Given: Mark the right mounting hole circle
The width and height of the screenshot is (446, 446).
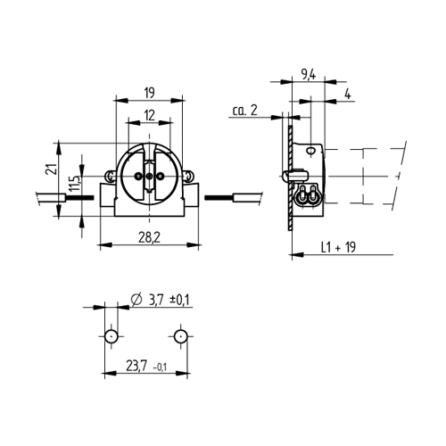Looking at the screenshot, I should click(x=181, y=336).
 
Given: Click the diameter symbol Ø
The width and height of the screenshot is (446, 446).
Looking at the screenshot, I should click(x=136, y=299).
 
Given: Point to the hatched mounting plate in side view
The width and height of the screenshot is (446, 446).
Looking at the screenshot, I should click(x=291, y=178).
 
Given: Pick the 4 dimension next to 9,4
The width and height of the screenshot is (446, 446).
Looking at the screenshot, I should click(x=346, y=92).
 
